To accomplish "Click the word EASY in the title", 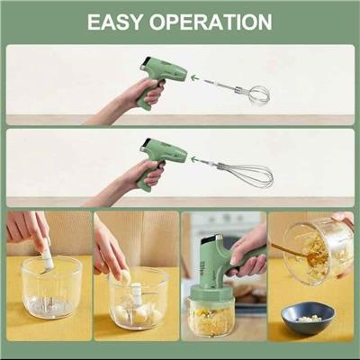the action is (115, 22).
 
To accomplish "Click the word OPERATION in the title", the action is (211, 22).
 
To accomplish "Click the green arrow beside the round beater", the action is (195, 78).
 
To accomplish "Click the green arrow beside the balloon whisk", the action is (195, 158).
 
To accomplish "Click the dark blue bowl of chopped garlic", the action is (307, 318).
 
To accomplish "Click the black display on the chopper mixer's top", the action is (210, 238).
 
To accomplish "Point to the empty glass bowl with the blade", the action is (51, 288).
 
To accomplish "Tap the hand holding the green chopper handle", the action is (247, 252).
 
